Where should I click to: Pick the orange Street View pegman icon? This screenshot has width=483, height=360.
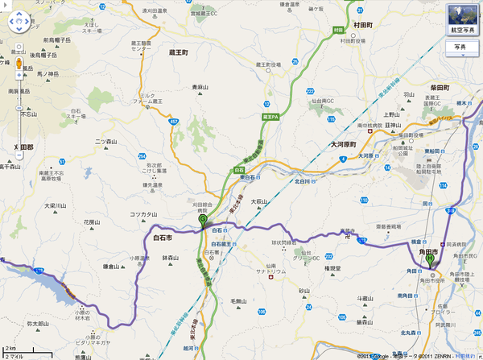(18, 63)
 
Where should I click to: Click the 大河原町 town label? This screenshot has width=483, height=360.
(349, 144)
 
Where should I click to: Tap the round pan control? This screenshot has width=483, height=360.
(18, 22)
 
